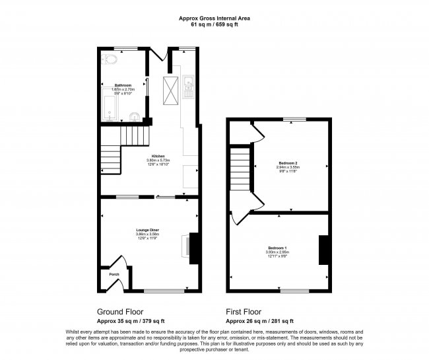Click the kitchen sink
pyautogui.click(x=188, y=84)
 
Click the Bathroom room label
pyautogui.click(x=123, y=85)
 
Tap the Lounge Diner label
pyautogui.click(x=148, y=230)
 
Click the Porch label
pyautogui.click(x=114, y=274)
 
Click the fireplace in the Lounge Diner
pyautogui.click(x=191, y=247)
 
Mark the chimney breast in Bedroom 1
pyautogui.click(x=323, y=249)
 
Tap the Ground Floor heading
pyautogui.click(x=120, y=312)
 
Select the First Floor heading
pyautogui.click(x=244, y=312)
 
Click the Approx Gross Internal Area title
pyautogui.click(x=214, y=18)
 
